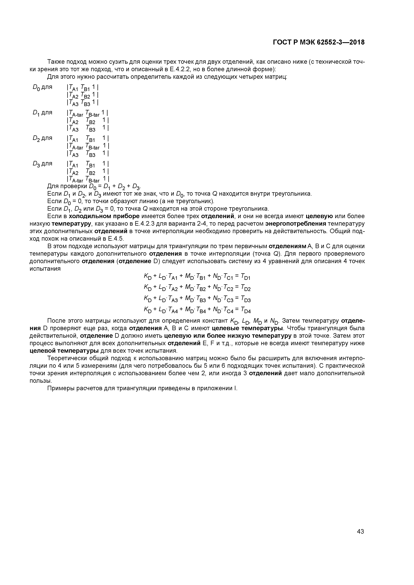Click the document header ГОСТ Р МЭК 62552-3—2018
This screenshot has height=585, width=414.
click(319, 42)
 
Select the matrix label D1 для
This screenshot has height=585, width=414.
click(42, 113)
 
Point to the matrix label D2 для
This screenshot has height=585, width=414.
click(42, 138)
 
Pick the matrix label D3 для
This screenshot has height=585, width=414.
click(42, 164)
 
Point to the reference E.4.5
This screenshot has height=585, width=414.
click(116, 239)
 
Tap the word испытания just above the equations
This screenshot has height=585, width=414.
click(45, 269)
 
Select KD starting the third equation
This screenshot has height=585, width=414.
click(148, 299)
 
